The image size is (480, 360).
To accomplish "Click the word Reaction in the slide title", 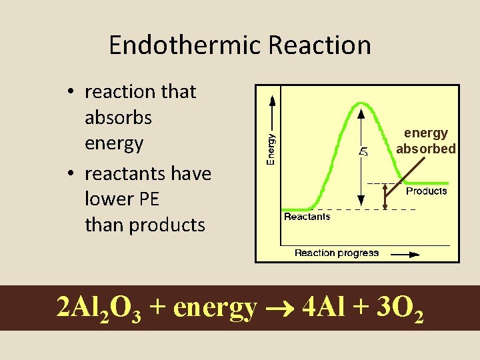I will pyautogui.click(x=319, y=45).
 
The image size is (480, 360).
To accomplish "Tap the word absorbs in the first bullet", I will pyautogui.click(x=118, y=118).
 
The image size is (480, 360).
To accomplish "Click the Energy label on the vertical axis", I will pyautogui.click(x=271, y=147).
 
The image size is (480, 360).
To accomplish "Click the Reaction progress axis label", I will pyautogui.click(x=337, y=253).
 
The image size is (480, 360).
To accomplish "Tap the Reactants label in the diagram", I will pyautogui.click(x=307, y=217).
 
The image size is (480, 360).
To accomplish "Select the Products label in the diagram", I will pyautogui.click(x=426, y=191).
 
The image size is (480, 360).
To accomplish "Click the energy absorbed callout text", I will pyautogui.click(x=425, y=141).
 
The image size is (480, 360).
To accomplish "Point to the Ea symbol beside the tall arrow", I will pyautogui.click(x=363, y=153).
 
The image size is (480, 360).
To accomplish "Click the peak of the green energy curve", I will pyautogui.click(x=361, y=103).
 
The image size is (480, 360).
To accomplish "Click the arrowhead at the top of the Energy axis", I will pyautogui.click(x=271, y=99).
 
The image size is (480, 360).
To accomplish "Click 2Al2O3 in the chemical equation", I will pyautogui.click(x=99, y=308).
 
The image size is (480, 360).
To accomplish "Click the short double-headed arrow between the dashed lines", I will pyautogui.click(x=385, y=196).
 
